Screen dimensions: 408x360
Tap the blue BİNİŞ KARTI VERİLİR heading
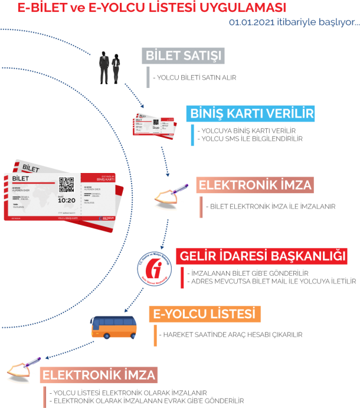click(251, 113)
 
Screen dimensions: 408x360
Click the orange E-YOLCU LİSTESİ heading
click(205, 314)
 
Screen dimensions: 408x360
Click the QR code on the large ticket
click(66, 185)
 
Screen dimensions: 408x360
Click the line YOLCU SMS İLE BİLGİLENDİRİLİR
click(252, 139)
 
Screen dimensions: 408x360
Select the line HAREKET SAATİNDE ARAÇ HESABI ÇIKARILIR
click(231, 335)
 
